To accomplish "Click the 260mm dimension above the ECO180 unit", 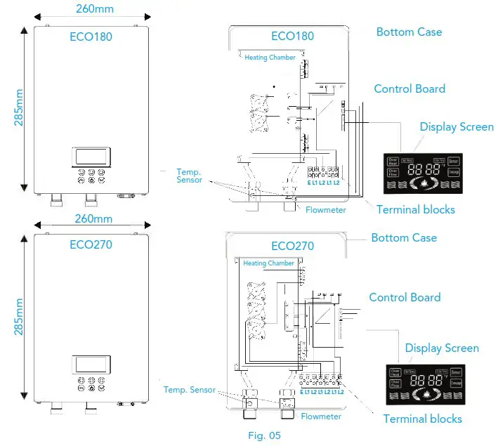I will [x=93, y=9].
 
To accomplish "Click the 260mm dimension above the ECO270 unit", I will [x=93, y=218].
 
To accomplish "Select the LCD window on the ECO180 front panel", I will [x=91, y=156].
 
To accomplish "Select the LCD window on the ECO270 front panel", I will [x=91, y=365].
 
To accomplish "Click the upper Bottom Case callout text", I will [x=409, y=32].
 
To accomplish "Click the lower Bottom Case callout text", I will [x=404, y=238].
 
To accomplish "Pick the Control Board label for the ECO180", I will [x=409, y=89].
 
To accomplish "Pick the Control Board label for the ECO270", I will [x=405, y=297].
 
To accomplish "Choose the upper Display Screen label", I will [x=457, y=127].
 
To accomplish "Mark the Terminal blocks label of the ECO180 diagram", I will [x=415, y=209].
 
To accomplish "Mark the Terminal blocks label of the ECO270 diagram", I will [x=422, y=419].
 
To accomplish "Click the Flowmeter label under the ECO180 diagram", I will [x=325, y=210].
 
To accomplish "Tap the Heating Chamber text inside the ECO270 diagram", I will [x=269, y=263].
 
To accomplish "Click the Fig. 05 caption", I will [x=264, y=435].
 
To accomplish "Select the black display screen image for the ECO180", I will [x=421, y=173].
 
